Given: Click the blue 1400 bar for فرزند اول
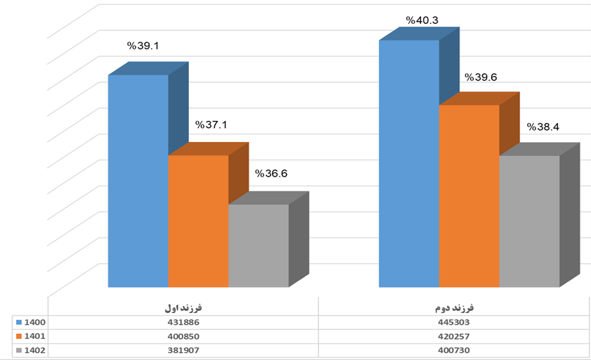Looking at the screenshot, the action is [x=138, y=181].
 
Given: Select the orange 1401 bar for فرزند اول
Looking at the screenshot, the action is [x=198, y=221].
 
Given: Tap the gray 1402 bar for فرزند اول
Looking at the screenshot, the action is [x=259, y=245].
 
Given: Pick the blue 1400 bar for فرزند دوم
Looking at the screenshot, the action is [x=409, y=164].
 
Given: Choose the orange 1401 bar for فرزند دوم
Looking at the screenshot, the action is [x=469, y=196].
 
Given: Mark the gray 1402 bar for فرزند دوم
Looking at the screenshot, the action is [x=529, y=221].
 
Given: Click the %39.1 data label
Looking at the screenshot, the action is [x=143, y=46].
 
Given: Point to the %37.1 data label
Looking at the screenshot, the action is [x=211, y=124].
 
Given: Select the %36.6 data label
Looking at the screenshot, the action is [x=271, y=174].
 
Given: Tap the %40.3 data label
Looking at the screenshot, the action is [x=422, y=20].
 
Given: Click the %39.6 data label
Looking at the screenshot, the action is [x=481, y=77].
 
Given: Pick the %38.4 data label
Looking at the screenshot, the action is [x=543, y=127].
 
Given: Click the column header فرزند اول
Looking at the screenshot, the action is [x=183, y=308].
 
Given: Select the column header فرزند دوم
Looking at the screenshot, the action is [x=454, y=308].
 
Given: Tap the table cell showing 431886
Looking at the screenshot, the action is [x=183, y=323].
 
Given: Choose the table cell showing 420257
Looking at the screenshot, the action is [x=454, y=337].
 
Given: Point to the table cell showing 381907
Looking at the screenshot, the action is [x=183, y=351].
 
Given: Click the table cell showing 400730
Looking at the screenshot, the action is [x=454, y=351].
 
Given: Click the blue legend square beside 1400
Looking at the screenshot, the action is [x=19, y=323].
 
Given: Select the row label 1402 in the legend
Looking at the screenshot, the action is [x=34, y=351].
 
